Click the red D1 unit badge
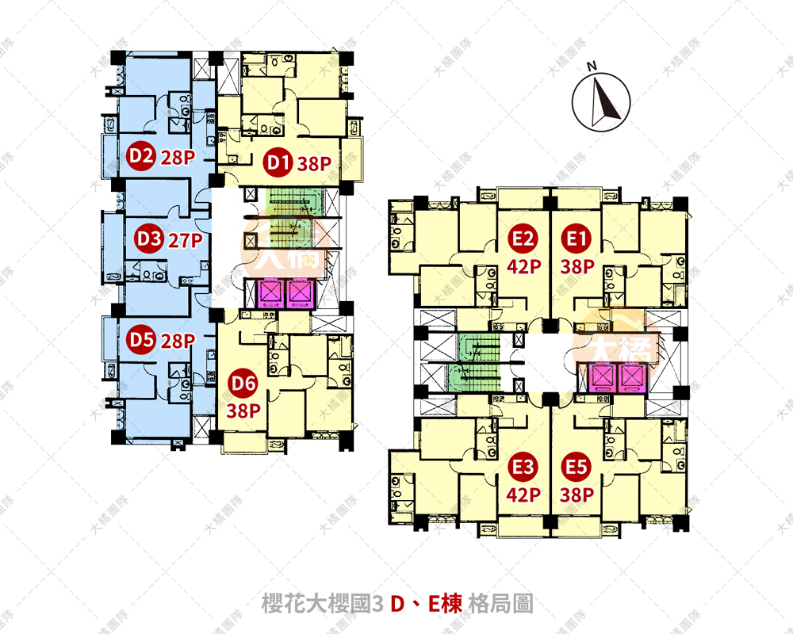(x=277, y=164)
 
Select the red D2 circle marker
(x=140, y=156)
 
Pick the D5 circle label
(x=140, y=341)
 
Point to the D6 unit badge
(x=243, y=384)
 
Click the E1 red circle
(x=575, y=237)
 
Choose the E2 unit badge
(x=523, y=237)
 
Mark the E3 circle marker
(x=523, y=468)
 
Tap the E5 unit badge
(x=575, y=468)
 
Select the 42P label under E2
(x=523, y=267)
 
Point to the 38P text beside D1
(x=313, y=165)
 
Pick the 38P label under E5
(x=576, y=496)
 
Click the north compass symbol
(x=602, y=102)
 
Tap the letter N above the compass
(x=591, y=66)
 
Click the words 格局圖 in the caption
(x=501, y=604)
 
